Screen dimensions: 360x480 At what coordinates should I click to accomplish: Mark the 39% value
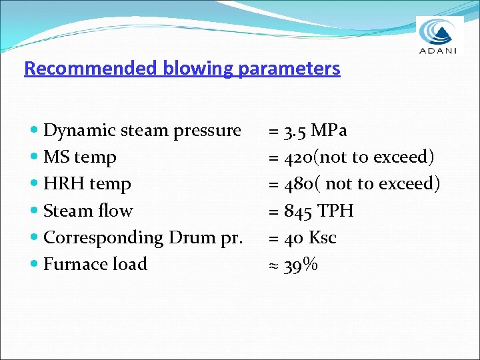point(301,265)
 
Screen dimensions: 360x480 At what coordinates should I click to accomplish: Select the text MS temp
point(80,158)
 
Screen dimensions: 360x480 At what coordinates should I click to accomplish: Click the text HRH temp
point(87,184)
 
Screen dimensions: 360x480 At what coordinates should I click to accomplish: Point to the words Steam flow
point(88,211)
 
